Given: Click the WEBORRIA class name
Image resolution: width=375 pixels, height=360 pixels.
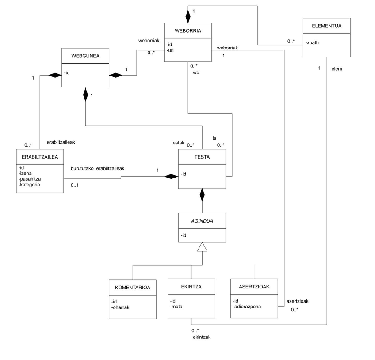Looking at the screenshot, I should point(188,30).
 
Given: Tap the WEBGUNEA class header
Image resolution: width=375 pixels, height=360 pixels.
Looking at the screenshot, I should point(85,56).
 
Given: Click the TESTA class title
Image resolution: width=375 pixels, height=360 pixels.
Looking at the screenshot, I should point(202,157).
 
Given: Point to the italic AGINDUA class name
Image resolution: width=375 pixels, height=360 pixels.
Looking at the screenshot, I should point(202,220).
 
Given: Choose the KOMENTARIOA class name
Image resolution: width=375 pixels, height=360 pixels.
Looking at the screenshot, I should point(133,287).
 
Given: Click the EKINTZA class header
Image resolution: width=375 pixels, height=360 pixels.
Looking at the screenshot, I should point(191,287).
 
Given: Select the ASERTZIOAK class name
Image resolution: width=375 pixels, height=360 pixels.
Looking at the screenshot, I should point(254,287).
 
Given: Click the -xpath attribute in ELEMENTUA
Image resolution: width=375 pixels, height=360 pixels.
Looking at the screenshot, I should point(313,43).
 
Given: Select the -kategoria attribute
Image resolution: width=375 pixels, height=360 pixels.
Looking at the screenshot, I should point(30,185).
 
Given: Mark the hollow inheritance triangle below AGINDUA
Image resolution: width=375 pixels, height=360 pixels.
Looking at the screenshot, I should point(202,247).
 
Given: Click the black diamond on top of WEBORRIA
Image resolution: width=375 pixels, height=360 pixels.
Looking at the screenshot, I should point(188,16).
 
